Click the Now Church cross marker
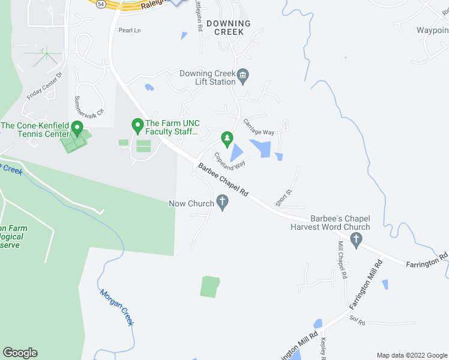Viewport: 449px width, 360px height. coord(223,203)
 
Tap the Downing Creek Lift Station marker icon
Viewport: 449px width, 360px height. coord(243,76)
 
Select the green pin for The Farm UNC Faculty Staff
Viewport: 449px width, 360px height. coord(137,126)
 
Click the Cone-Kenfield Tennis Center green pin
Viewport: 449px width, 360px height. coord(76,128)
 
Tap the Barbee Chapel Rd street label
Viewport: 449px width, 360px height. coord(223,181)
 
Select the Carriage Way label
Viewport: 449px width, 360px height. coord(259,127)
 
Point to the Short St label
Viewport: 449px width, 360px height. coord(283,197)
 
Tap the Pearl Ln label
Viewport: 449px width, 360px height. coord(129,30)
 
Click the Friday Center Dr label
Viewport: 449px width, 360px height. coord(44,86)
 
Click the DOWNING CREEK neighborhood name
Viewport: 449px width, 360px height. coord(224,27)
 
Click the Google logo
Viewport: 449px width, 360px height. coord(20,353)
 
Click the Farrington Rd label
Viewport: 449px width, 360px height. coord(427,259)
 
